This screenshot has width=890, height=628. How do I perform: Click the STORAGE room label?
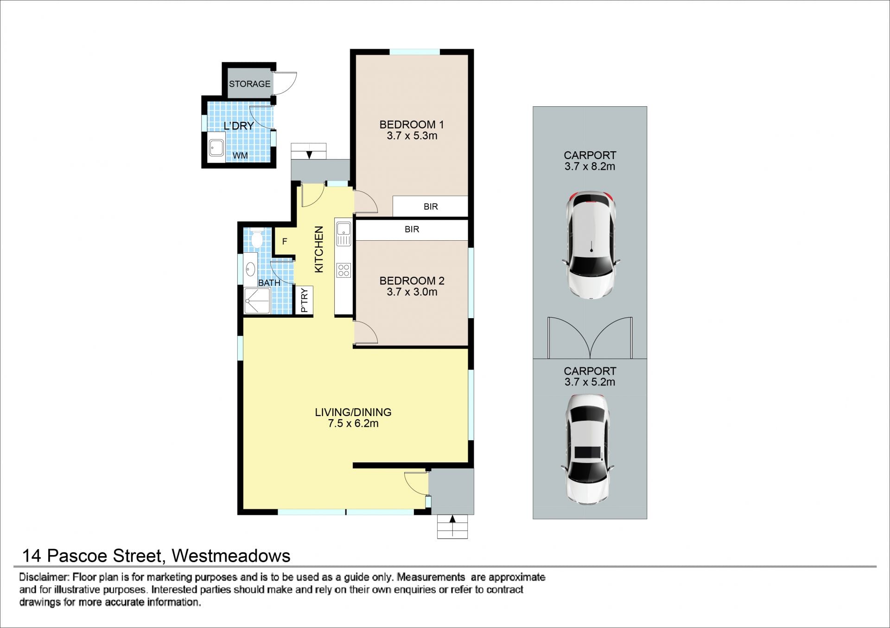249,84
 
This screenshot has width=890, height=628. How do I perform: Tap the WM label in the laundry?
240,155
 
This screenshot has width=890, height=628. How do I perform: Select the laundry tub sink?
216,149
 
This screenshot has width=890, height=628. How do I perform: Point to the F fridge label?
285,241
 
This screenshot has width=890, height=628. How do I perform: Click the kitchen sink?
343,234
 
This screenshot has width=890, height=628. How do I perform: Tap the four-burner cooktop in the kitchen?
343,270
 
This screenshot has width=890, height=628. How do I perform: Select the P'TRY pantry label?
304,300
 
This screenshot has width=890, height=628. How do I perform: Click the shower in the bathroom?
257,301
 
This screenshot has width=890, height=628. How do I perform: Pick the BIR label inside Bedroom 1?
431,206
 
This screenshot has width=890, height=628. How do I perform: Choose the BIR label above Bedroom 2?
412,229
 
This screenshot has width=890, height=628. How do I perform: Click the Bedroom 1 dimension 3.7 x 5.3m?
412,136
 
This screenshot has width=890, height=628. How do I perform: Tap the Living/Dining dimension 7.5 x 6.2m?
353,423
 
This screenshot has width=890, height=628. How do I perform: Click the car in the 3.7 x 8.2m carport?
590,244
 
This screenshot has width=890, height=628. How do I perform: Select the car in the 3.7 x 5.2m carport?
589,450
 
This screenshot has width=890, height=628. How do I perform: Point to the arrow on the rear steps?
309,154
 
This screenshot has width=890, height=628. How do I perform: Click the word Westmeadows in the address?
231,556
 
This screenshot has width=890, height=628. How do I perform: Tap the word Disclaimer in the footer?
44,577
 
